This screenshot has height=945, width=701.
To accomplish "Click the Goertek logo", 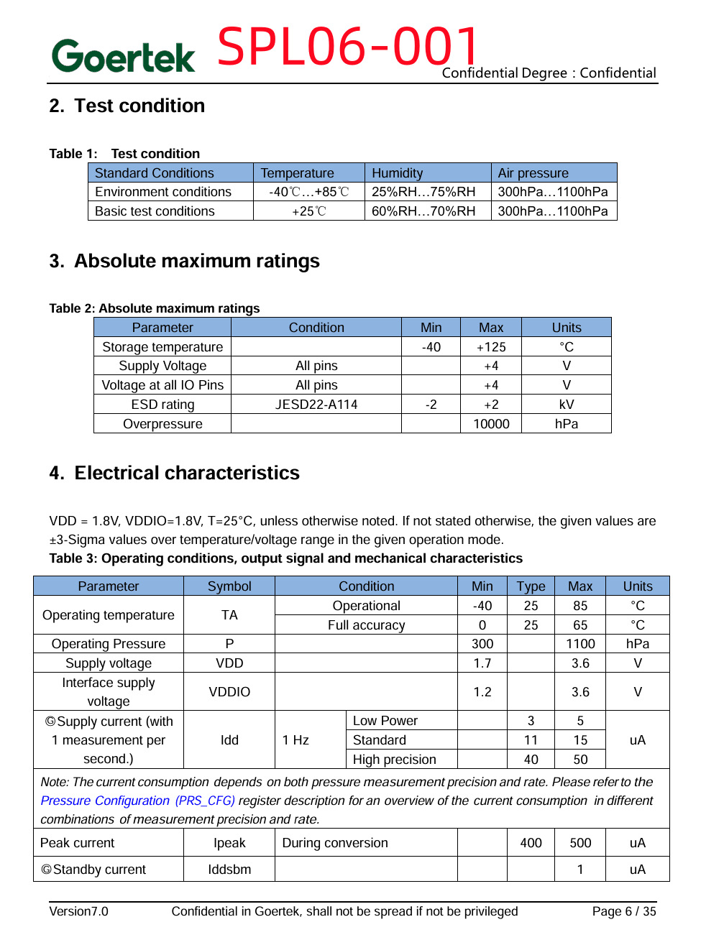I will pos(123,56).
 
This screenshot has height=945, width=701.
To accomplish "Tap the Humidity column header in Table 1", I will pos(398,172).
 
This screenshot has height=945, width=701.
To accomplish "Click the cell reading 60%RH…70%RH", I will pos(423,211).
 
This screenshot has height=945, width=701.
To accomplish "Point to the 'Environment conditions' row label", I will pos(163,192).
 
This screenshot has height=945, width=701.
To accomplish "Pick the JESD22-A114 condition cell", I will pos(316,405).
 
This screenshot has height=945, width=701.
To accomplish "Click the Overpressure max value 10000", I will pos(491,424).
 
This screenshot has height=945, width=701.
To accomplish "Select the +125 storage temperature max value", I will pos(491,347).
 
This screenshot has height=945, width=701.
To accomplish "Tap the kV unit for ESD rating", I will pos(567,405).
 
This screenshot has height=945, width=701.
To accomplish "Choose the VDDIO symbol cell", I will pos(229,692).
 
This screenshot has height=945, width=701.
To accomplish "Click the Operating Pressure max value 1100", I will pos(580,644).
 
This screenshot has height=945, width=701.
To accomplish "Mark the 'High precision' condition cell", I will pos(395,760).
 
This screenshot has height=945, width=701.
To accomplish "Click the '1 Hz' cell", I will pos(295,740).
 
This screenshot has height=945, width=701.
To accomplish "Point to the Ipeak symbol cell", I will pos(229,843).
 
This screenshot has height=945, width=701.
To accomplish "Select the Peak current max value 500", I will pos(580,843).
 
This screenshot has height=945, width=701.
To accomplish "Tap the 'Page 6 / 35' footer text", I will pos(624,911).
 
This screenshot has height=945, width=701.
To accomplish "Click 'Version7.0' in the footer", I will pos(79,911).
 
